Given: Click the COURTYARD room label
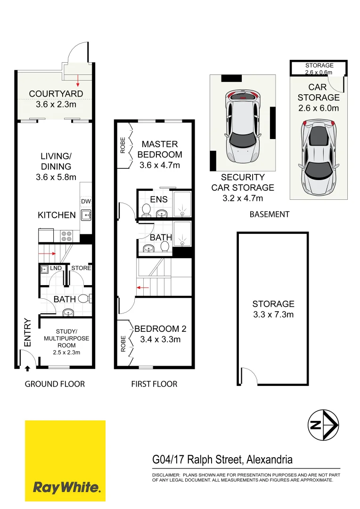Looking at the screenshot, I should pos(56,94).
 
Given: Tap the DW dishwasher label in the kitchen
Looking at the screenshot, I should pos(86,202).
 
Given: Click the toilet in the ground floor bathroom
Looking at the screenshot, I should pos(84,298).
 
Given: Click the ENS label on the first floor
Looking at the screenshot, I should pos(159,199).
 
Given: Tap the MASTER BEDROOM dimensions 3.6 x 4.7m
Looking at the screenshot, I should pos(160,165).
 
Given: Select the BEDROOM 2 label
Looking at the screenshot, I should pos(157,329).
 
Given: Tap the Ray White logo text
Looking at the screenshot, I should pos(66,487).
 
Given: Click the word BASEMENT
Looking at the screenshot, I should pos(269,214).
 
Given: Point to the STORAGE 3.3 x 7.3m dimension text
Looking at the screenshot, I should pos(273,314).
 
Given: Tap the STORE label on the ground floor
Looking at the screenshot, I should pos(81,268).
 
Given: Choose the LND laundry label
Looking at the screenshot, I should pos(56,268).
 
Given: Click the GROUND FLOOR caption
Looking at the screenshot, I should pos(55,384).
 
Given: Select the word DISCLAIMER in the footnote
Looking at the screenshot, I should pos(166,475).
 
